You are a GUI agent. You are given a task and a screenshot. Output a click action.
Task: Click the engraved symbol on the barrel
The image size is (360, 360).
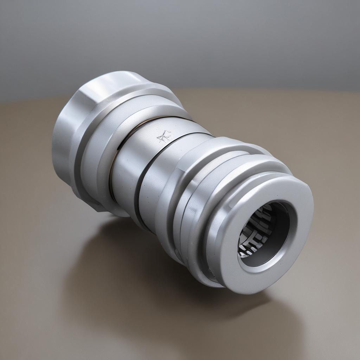(164, 136)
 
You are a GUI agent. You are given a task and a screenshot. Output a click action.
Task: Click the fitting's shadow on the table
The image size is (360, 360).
(141, 274)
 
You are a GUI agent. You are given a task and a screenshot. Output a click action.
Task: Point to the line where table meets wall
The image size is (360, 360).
(281, 90)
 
